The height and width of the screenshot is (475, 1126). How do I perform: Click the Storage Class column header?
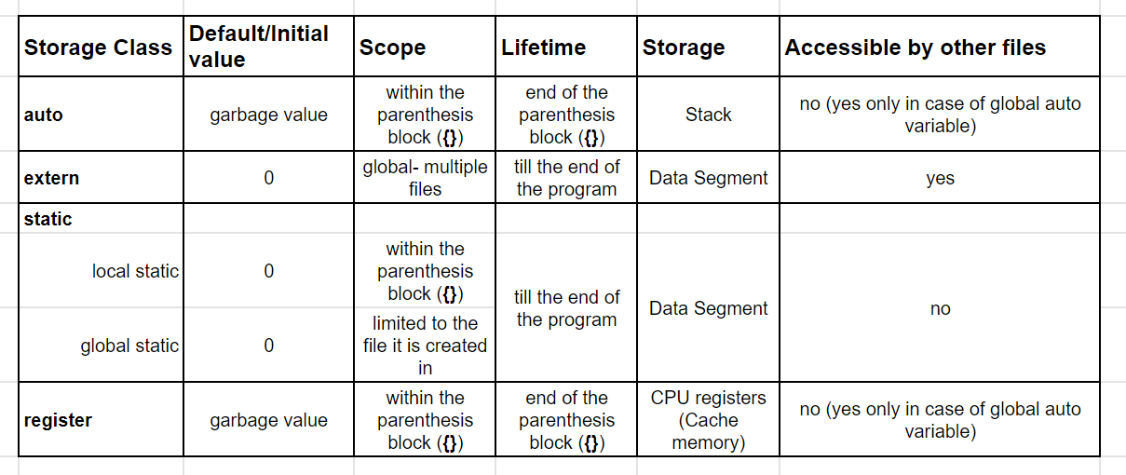(x=98, y=47)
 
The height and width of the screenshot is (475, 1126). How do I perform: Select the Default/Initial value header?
(x=259, y=47)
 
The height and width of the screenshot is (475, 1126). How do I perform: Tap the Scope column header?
(x=393, y=47)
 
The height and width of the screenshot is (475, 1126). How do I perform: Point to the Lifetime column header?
(x=544, y=47)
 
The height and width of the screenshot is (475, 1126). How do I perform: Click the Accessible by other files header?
(x=915, y=47)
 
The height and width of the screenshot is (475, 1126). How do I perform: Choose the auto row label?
(x=44, y=115)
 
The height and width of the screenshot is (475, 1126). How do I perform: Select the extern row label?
(x=51, y=178)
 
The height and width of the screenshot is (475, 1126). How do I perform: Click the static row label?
(x=47, y=219)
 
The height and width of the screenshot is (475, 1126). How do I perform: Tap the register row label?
(x=58, y=420)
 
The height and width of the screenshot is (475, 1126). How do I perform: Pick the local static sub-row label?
(x=135, y=271)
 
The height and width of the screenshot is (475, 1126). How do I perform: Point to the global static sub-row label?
(x=129, y=346)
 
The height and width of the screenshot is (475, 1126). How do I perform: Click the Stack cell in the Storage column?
(x=708, y=115)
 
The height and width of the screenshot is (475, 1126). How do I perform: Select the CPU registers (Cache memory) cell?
(x=708, y=420)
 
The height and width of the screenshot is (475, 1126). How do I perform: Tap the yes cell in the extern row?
(x=940, y=178)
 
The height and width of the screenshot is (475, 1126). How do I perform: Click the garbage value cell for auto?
(x=268, y=115)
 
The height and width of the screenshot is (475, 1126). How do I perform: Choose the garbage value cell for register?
(x=268, y=420)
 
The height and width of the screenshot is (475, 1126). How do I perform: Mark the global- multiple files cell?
(x=425, y=178)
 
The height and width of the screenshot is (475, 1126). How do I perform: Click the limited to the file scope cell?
(x=425, y=346)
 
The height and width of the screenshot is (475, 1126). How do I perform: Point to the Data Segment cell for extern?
(x=708, y=178)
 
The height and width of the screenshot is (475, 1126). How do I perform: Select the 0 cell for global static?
(x=268, y=346)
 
